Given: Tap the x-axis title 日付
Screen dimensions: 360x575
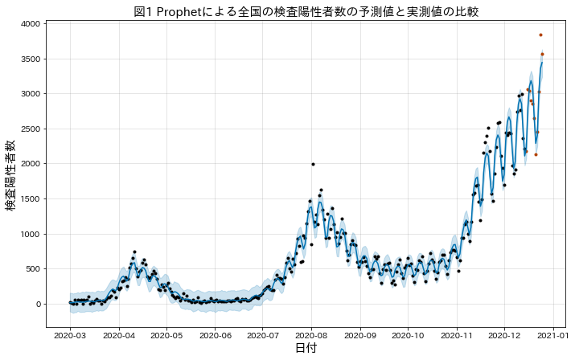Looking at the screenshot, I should (306, 349).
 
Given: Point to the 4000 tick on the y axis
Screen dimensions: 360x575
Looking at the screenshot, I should (32, 23).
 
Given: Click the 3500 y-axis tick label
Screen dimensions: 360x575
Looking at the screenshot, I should (32, 59).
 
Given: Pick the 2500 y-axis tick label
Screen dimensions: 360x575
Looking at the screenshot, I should (32, 129).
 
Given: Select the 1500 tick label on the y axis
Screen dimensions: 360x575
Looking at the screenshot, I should (32, 198).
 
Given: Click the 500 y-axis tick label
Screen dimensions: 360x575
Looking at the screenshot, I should (35, 269).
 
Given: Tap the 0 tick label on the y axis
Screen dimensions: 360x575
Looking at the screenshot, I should (39, 304).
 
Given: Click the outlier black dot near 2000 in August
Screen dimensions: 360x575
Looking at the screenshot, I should (313, 164).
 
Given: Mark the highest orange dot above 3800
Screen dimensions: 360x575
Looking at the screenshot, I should (540, 35).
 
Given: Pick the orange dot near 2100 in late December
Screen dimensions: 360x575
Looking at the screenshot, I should (536, 154).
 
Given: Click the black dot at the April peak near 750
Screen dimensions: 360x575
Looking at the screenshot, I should (134, 252).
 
